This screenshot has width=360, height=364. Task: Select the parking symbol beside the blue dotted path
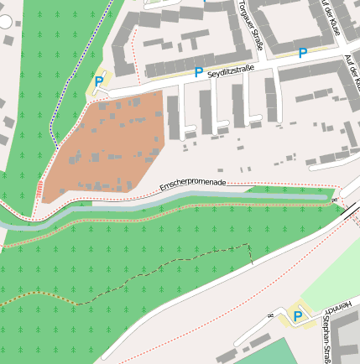(x=99, y=81)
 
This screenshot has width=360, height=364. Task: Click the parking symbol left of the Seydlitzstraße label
(x=199, y=73)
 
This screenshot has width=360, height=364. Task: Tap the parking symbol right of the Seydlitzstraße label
(x=303, y=54)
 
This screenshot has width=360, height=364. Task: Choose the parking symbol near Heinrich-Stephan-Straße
(x=296, y=316)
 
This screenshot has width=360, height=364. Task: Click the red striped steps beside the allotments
(x=39, y=189)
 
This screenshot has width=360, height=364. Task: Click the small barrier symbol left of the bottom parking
(x=270, y=315)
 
